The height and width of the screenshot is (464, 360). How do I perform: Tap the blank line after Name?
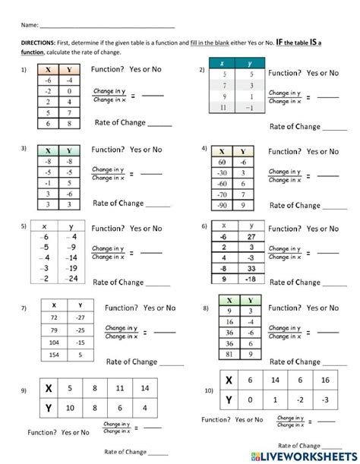(106, 27)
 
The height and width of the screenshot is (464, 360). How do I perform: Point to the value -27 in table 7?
(80, 317)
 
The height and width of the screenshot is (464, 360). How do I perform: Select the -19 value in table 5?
(71, 268)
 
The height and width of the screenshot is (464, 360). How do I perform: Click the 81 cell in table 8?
(228, 354)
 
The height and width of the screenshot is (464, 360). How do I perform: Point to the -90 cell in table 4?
(221, 205)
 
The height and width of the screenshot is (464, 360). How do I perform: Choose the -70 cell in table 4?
(221, 194)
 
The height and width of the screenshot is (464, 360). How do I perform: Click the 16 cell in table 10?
(325, 380)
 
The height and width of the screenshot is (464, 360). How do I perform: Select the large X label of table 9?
(48, 388)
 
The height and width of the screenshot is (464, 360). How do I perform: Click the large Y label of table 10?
(229, 399)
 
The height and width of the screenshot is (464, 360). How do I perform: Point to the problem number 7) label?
(24, 308)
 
